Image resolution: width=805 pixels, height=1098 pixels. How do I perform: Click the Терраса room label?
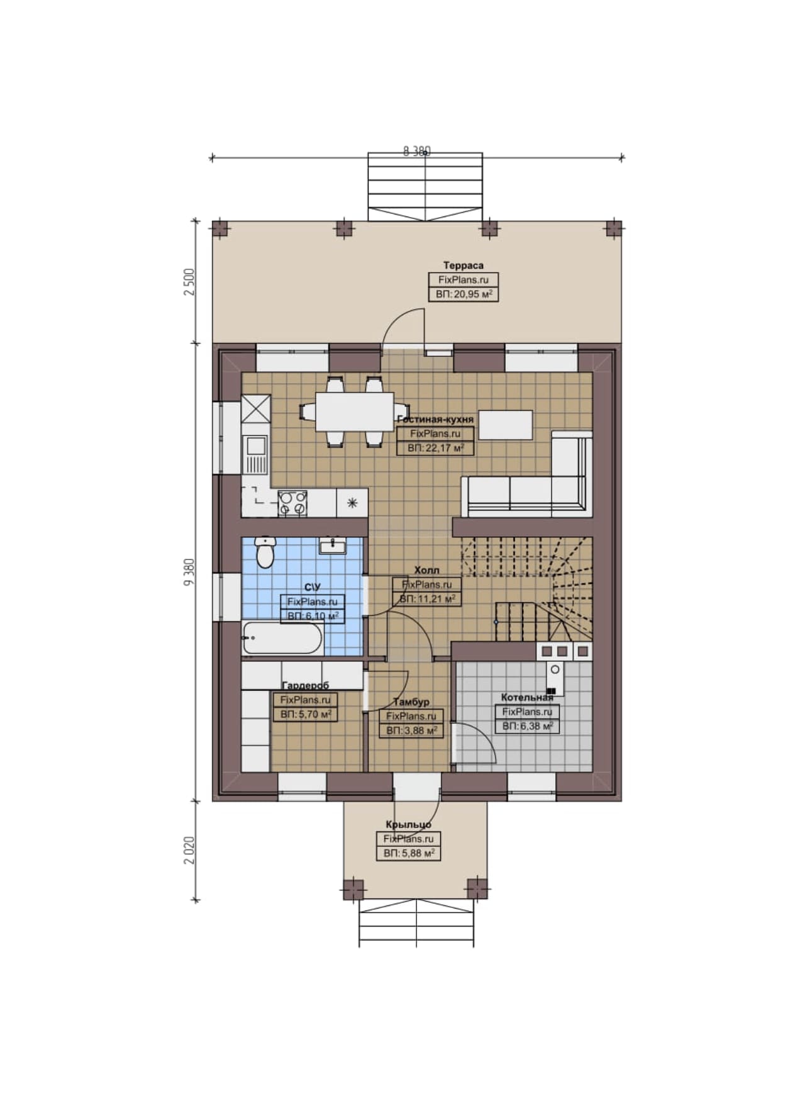[463, 266]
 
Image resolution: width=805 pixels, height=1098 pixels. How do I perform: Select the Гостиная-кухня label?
[435, 419]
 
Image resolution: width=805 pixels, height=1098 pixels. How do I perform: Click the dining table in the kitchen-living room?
[355, 412]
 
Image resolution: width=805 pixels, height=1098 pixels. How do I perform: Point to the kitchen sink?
[256, 454]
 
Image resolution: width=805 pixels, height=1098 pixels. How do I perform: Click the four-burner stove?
[292, 503]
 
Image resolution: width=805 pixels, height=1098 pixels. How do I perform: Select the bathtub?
[282, 638]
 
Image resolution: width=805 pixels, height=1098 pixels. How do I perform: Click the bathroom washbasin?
[332, 546]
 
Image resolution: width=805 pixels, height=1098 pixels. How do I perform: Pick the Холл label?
[426, 570]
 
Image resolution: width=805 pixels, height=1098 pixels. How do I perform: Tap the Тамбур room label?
[411, 702]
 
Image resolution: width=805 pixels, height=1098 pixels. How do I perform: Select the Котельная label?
[527, 697]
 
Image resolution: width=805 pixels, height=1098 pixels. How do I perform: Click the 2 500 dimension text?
[190, 283]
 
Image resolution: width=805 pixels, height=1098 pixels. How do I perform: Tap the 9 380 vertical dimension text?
[190, 572]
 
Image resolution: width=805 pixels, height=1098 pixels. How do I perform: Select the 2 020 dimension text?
[190, 850]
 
